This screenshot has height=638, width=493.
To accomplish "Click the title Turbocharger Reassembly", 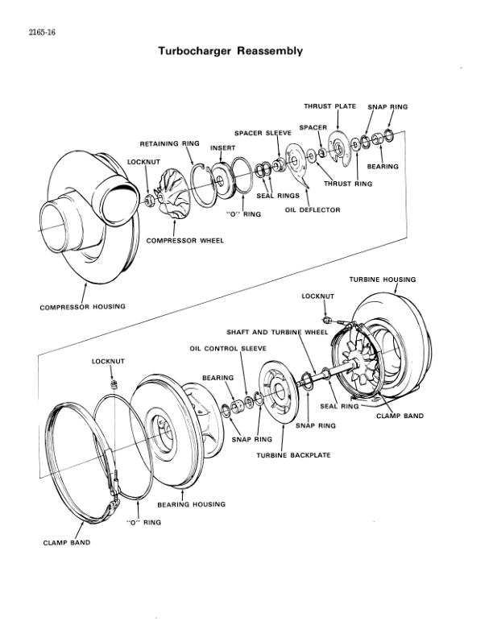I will click(230, 51).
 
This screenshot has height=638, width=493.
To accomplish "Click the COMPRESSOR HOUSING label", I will click(83, 307).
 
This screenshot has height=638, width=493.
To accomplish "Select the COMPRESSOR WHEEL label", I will click(185, 240).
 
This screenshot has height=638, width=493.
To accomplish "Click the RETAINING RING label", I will click(169, 143).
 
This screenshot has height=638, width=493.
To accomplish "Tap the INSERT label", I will click(222, 148).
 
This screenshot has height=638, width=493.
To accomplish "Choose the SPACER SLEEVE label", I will click(263, 132).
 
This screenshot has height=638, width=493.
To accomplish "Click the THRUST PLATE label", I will click(330, 106).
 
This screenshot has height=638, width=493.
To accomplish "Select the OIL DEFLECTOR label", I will click(313, 209).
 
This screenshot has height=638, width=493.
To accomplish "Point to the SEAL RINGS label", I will click(278, 195).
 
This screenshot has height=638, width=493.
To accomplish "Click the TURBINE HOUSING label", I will click(383, 280).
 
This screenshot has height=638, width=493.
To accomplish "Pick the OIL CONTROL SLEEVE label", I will click(228, 349).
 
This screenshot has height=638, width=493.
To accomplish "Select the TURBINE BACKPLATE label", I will click(293, 455).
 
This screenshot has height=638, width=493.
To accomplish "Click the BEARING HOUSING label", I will click(191, 504).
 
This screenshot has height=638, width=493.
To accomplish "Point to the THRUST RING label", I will click(348, 184).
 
